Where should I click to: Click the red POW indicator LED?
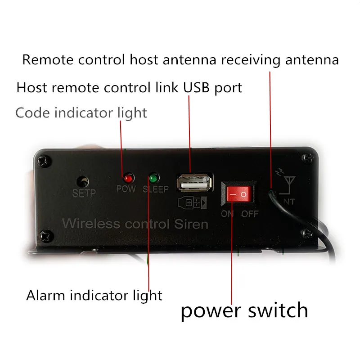pyautogui.click(x=128, y=178)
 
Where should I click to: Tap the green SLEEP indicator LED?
pyautogui.click(x=154, y=178)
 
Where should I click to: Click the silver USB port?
pyautogui.click(x=194, y=183)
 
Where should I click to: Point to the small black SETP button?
pyautogui.click(x=83, y=181)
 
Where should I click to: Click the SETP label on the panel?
pyautogui.click(x=84, y=193)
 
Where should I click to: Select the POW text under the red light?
pyautogui.click(x=126, y=189)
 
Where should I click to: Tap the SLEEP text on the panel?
pyautogui.click(x=156, y=189)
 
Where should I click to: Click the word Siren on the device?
pyautogui.click(x=191, y=224)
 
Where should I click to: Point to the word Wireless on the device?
pyautogui.click(x=91, y=223)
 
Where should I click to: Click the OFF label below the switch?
pyautogui.click(x=250, y=214)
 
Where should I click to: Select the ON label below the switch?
pyautogui.click(x=227, y=214)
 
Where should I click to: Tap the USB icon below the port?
pyautogui.click(x=193, y=203)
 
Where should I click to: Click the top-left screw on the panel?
pyautogui.click(x=44, y=161)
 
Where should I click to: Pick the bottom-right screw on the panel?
pyautogui.click(x=307, y=234)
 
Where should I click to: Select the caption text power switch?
pyautogui.click(x=244, y=310)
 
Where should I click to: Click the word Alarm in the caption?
pyautogui.click(x=45, y=295)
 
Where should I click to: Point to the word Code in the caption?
pyautogui.click(x=32, y=113)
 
